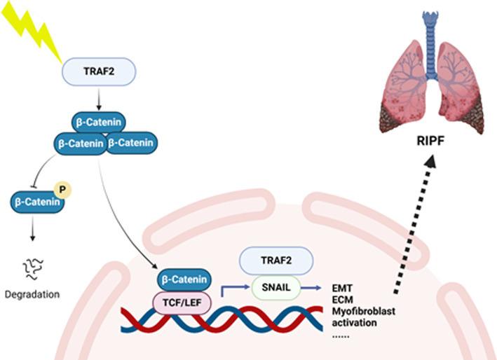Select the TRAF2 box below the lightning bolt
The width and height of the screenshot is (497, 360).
(x=97, y=71)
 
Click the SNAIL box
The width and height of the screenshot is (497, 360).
(x=275, y=286)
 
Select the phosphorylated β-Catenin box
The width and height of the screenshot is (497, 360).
(x=36, y=203)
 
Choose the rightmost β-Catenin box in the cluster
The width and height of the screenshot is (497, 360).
(x=132, y=143)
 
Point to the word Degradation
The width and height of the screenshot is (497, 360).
(x=33, y=294)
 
